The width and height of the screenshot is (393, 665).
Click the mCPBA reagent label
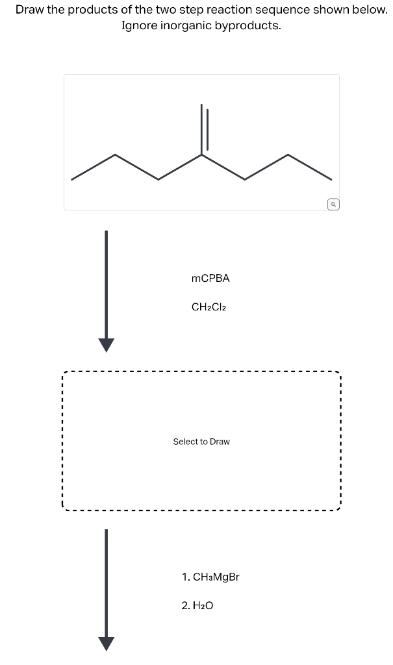210,278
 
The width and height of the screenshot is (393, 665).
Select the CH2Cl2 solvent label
209,307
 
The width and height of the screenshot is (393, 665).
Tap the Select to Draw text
201,442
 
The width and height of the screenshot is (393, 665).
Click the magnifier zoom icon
333,204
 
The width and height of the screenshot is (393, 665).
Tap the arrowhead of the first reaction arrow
106,344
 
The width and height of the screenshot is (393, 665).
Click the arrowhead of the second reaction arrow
106,642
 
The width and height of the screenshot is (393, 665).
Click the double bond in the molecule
204,129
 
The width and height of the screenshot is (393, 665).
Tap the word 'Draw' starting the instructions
30,10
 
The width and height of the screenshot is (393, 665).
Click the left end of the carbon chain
72,179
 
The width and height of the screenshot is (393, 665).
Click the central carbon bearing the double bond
201,155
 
